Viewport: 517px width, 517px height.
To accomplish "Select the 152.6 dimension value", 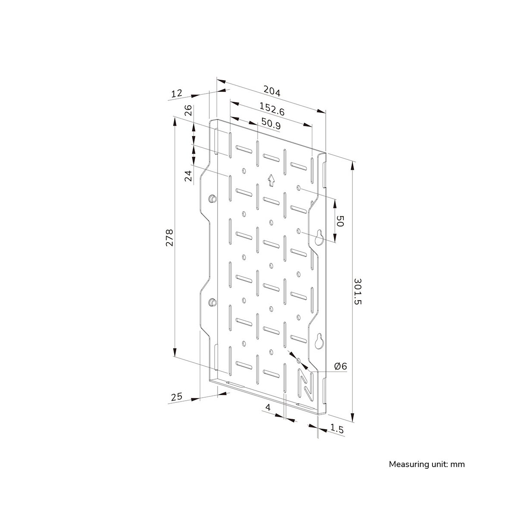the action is click(x=272, y=109).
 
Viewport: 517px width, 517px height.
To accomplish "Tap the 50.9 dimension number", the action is click(x=271, y=124).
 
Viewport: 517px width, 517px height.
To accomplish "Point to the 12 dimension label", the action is click(x=177, y=93).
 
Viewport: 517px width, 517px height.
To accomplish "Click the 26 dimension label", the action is click(x=189, y=110).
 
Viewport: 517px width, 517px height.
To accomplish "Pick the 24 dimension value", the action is click(x=189, y=176).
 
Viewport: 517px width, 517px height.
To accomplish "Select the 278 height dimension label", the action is click(x=169, y=237).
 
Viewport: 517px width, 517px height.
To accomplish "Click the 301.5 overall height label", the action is click(x=358, y=291).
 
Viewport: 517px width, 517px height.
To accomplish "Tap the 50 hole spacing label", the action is click(x=339, y=221).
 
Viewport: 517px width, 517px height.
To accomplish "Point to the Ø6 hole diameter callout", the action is click(x=341, y=366).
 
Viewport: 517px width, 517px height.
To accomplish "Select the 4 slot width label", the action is click(x=268, y=408).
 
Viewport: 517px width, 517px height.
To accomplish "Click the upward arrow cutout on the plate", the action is click(x=271, y=180).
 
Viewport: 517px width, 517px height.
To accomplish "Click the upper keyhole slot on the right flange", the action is click(x=319, y=237).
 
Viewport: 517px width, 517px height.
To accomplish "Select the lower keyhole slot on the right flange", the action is click(x=319, y=341).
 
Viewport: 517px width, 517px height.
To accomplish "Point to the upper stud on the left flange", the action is click(x=212, y=198).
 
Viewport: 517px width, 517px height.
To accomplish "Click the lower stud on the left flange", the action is click(x=212, y=302).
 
